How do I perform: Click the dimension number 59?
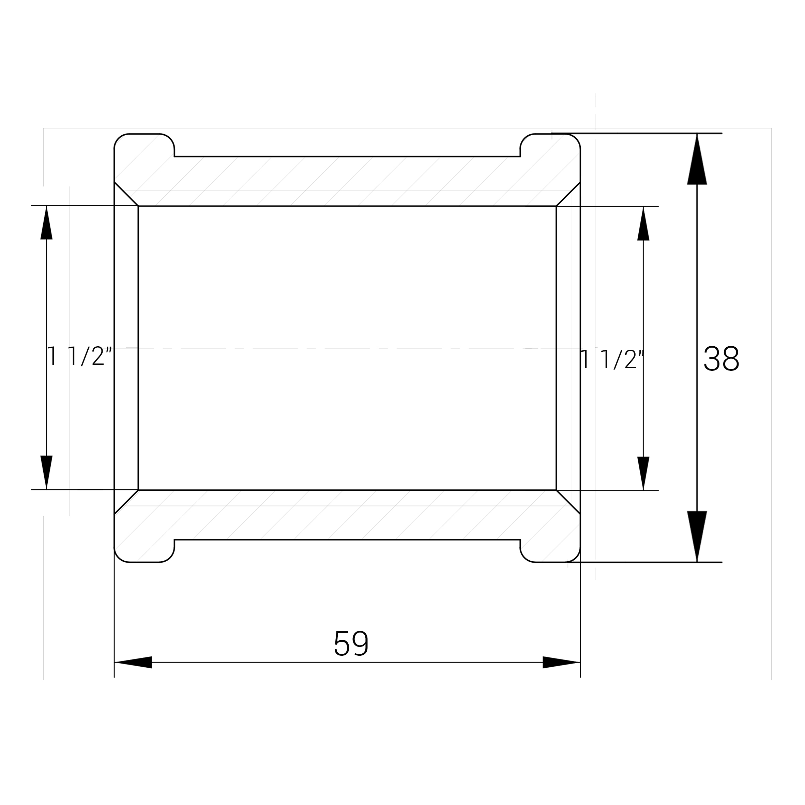(x=351, y=643)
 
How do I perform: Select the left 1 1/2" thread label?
(x=80, y=356)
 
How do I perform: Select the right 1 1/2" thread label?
(x=612, y=359)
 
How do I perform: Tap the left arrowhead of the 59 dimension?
(x=133, y=662)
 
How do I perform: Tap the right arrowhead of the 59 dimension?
(x=561, y=662)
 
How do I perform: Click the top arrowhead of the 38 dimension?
(x=697, y=159)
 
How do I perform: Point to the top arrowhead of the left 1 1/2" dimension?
(x=46, y=223)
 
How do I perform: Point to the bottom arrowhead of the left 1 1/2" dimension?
(x=46, y=472)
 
